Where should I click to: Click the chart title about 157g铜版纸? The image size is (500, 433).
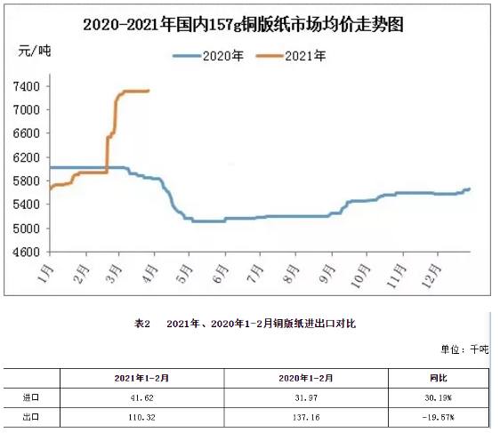[243, 25]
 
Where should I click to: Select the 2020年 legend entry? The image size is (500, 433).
[208, 56]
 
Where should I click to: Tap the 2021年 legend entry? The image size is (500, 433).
[291, 56]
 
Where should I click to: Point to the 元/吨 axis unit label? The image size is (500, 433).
[35, 51]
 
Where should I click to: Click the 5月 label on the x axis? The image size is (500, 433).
[184, 274]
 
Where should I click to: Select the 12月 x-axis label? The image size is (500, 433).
[431, 277]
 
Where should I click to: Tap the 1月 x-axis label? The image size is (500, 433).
[45, 274]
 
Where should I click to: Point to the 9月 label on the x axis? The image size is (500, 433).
[327, 274]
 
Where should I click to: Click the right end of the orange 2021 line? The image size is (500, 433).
[149, 91]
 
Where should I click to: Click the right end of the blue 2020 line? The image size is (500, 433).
[469, 189]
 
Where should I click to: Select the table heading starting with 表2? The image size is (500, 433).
[245, 324]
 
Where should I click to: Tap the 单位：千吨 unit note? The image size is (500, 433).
[464, 349]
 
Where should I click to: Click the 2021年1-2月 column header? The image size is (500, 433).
[141, 378]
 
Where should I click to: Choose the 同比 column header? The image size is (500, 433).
[439, 378]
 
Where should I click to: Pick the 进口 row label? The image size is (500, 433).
[31, 397]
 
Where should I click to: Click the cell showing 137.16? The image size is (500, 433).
[306, 417]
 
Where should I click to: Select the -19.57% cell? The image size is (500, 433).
[438, 417]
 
